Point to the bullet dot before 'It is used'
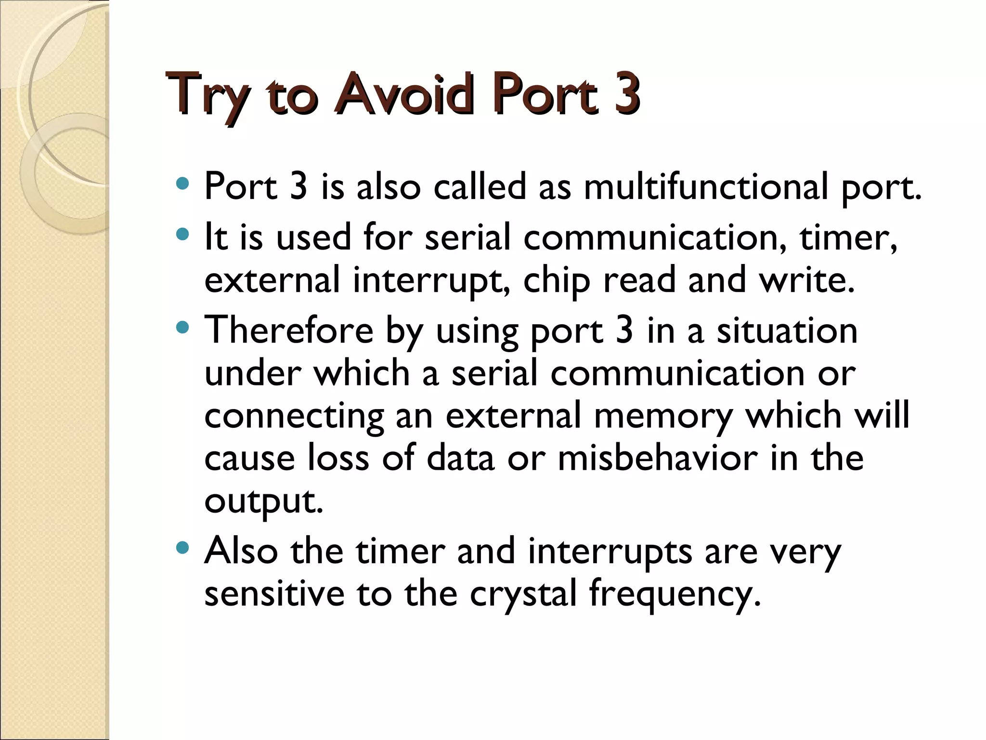[x=182, y=235]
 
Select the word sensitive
[x=274, y=593]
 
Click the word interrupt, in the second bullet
[x=431, y=280]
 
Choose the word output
[x=263, y=501]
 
